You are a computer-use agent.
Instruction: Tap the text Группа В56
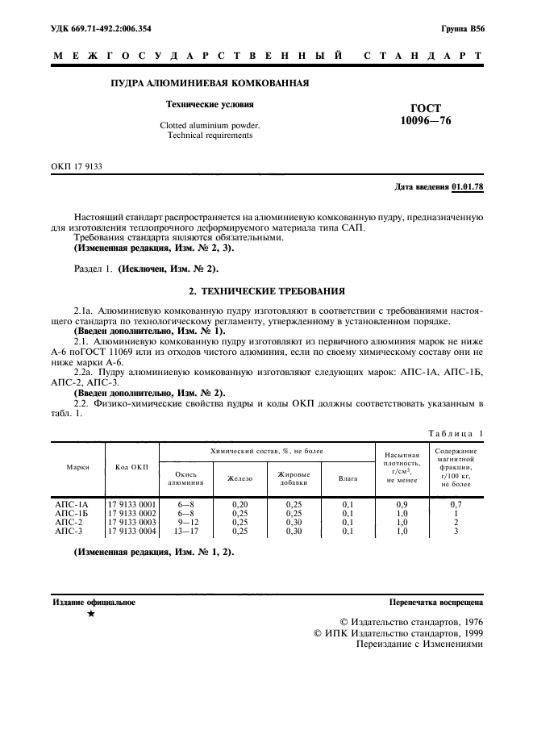pos(462,29)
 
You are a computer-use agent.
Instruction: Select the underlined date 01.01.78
pos(468,187)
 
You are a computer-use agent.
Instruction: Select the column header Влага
pos(348,478)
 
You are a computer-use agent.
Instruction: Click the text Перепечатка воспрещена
pos(435,603)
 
